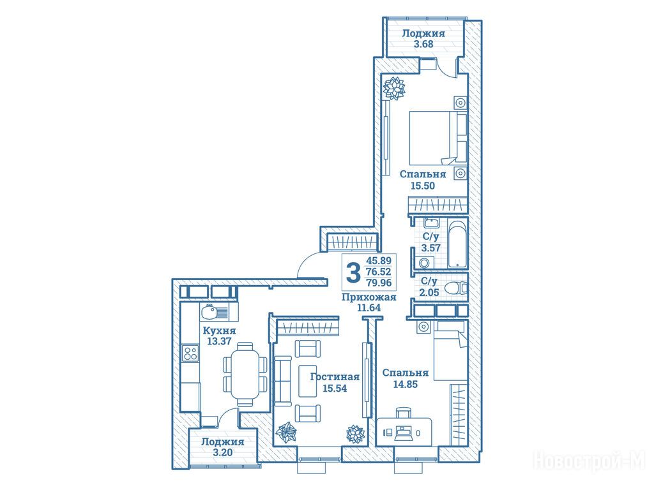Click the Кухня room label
pyautogui.click(x=219, y=330)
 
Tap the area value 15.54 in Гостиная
pyautogui.click(x=335, y=389)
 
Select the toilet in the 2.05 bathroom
pyautogui.click(x=456, y=288)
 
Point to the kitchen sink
pyautogui.click(x=215, y=311)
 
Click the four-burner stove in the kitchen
pyautogui.click(x=190, y=353)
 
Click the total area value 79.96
pyautogui.click(x=379, y=283)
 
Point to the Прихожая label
pyautogui.click(x=369, y=297)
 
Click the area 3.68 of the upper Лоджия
pyautogui.click(x=423, y=44)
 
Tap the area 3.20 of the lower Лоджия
pyautogui.click(x=223, y=452)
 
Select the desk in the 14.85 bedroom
pyautogui.click(x=404, y=432)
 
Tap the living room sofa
pyautogui.click(x=283, y=381)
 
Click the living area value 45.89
pyautogui.click(x=379, y=261)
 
